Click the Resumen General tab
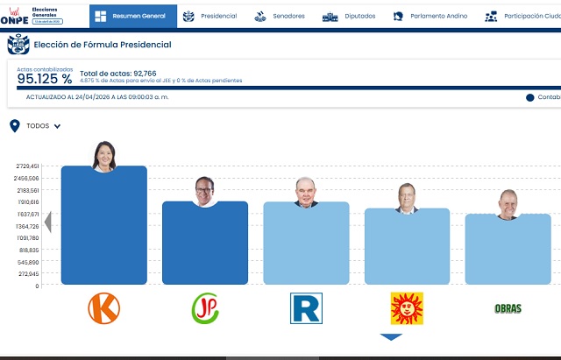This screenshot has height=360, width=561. (132, 16)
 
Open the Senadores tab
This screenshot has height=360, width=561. (280, 16)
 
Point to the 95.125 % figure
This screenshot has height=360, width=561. (45, 79)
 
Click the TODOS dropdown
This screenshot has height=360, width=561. (43, 126)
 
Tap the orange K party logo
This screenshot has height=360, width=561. (103, 307)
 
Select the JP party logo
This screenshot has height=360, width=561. (205, 307)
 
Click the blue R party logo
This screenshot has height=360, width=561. (306, 307)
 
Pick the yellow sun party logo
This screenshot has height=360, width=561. (407, 307)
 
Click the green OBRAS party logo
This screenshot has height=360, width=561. (508, 308)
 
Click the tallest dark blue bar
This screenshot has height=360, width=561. (103, 228)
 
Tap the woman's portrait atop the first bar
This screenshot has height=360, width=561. (104, 156)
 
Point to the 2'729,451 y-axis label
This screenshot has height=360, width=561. (22, 166)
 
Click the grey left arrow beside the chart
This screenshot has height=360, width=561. (48, 222)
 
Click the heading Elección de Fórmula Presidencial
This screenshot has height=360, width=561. (103, 45)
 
